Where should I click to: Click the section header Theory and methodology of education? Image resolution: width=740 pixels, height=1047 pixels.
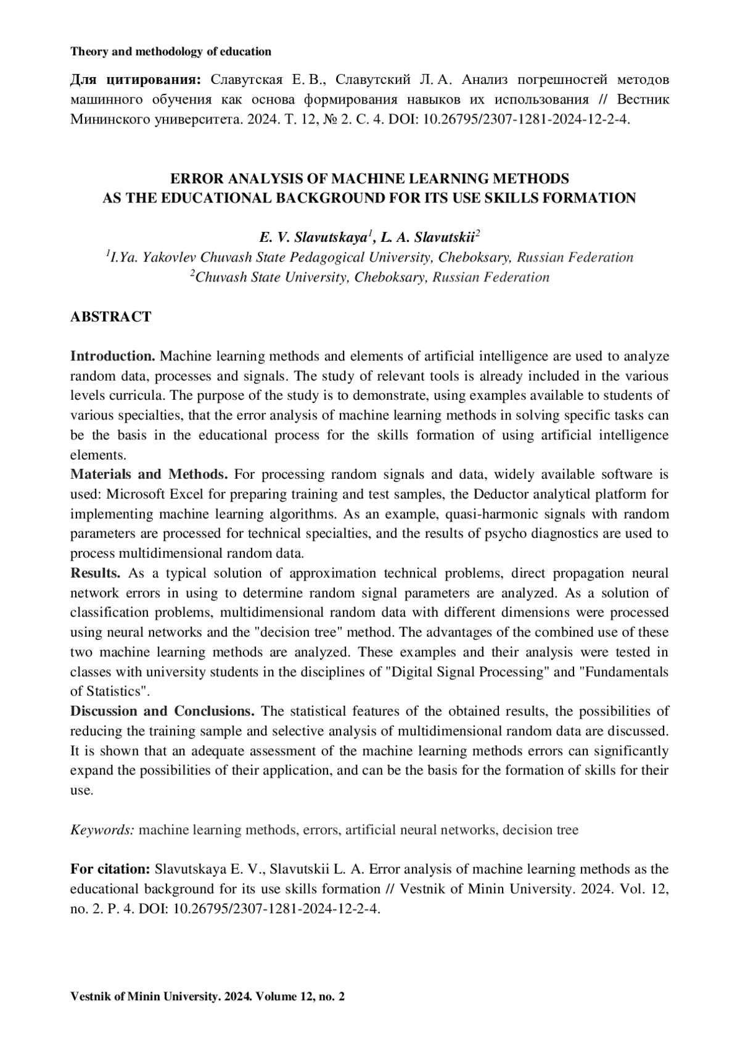pyautogui.click(x=171, y=52)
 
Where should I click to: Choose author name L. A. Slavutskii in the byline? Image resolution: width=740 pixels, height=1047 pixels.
pyautogui.click(x=429, y=238)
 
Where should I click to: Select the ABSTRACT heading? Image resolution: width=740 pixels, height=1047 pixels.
pyautogui.click(x=110, y=317)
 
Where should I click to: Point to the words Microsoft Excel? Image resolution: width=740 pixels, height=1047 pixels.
pyautogui.click(x=146, y=494)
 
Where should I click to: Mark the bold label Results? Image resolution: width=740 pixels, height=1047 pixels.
pyautogui.click(x=95, y=573)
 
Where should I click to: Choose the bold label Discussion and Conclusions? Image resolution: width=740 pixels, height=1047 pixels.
pyautogui.click(x=162, y=711)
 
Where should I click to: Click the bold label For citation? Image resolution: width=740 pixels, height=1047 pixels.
pyautogui.click(x=110, y=869)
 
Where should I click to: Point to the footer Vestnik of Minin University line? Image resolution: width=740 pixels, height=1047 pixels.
pyautogui.click(x=208, y=996)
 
